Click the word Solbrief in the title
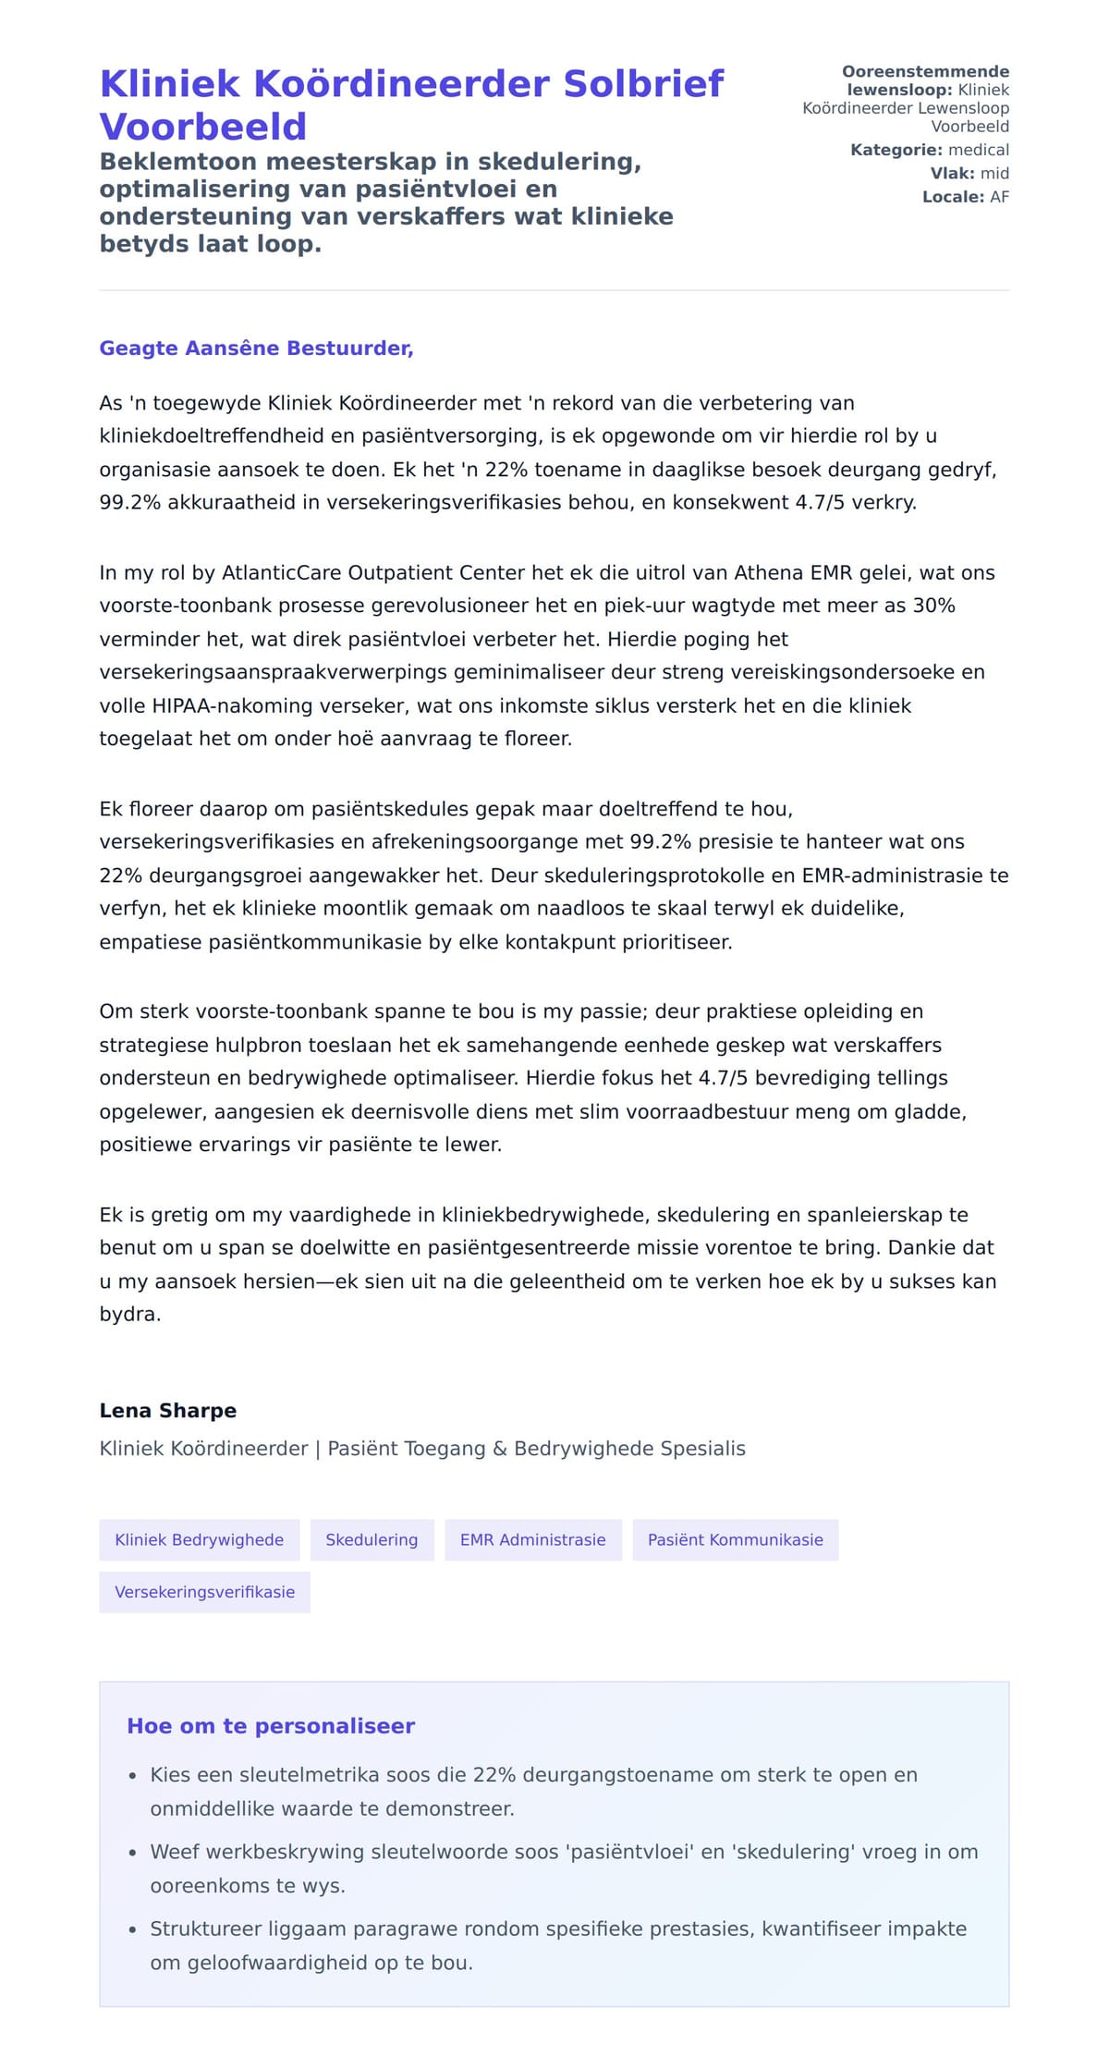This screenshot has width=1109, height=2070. click(643, 84)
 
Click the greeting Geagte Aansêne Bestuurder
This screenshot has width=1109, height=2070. click(256, 349)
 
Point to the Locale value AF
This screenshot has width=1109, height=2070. click(999, 197)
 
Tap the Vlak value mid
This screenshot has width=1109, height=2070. click(994, 174)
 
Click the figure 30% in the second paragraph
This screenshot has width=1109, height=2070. click(933, 606)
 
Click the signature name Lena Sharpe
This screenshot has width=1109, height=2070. click(168, 1411)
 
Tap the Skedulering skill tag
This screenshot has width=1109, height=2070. click(372, 1540)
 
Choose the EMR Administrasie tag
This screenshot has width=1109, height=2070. click(532, 1540)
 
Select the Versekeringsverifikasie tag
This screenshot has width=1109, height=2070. click(204, 1592)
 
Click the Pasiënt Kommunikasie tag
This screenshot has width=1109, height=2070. click(735, 1540)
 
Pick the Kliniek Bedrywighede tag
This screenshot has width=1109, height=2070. click(199, 1540)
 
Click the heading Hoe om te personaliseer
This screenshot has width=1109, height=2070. click(271, 1726)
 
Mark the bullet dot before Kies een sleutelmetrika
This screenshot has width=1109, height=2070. click(132, 1776)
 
